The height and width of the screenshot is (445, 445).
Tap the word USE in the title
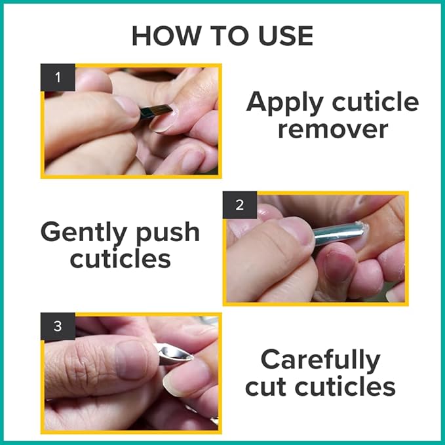(x=286, y=36)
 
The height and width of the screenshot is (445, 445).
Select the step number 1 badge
(x=58, y=77)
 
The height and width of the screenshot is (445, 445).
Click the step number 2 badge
(x=240, y=205)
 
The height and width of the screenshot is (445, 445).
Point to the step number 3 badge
(x=58, y=326)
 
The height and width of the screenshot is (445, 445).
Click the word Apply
(x=285, y=103)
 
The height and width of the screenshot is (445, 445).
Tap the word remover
(x=333, y=129)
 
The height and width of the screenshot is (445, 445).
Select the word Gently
(x=84, y=233)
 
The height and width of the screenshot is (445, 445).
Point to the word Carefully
(x=320, y=360)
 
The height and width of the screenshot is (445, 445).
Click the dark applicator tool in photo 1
(x=155, y=111)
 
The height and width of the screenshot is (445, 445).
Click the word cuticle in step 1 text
(x=376, y=102)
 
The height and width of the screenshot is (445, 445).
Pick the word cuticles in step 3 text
(x=345, y=387)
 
